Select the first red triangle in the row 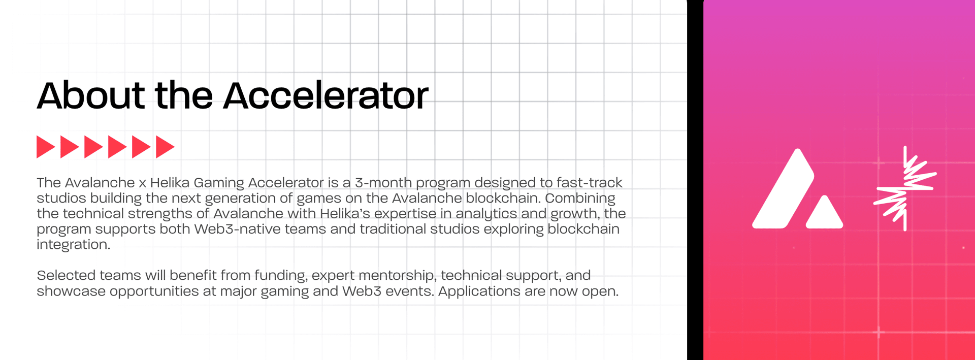click(x=45, y=147)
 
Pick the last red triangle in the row click(x=164, y=147)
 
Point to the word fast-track click(x=589, y=182)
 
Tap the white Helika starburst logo click(x=905, y=188)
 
